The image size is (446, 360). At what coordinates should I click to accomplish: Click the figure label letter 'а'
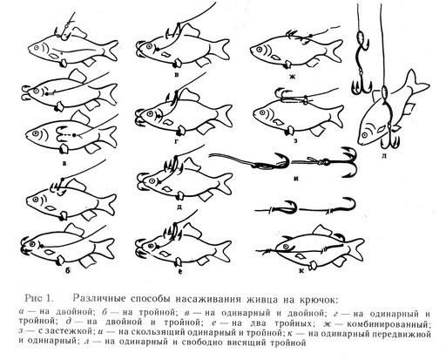point(64,163)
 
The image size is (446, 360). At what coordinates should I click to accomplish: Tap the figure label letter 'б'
point(67,272)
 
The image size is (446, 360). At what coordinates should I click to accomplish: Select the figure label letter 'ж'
point(293,78)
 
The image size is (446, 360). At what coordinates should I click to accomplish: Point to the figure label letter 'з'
point(295,141)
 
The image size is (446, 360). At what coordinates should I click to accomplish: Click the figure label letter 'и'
point(296,179)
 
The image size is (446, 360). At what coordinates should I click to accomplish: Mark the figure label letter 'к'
point(301,271)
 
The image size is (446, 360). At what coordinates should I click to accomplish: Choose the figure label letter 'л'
point(383,156)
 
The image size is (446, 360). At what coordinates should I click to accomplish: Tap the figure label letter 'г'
point(177,142)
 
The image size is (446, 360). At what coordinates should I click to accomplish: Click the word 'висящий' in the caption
point(245,343)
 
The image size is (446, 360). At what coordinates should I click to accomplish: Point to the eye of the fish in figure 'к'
point(287,247)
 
